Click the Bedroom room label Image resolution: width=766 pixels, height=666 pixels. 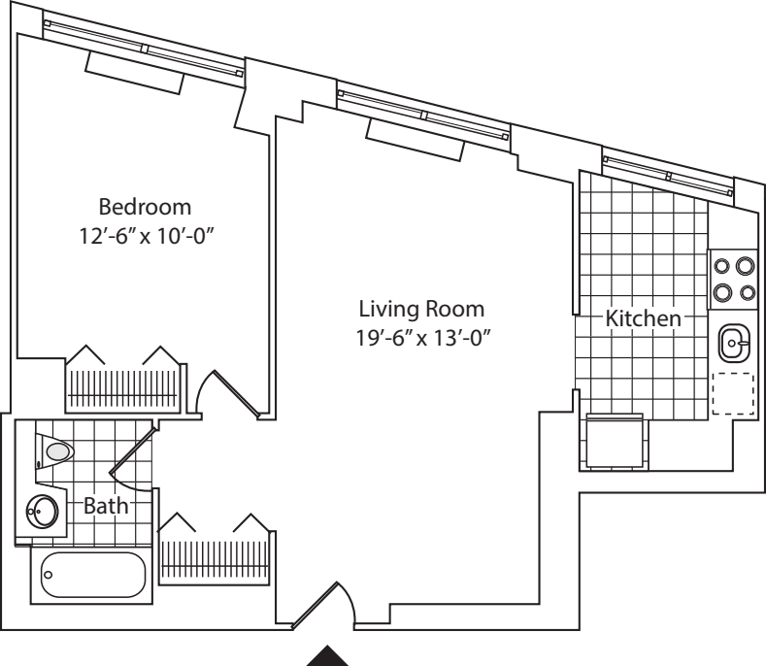[146, 207]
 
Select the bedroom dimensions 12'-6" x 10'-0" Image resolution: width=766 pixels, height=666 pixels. [146, 236]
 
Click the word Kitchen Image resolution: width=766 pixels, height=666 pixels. [643, 318]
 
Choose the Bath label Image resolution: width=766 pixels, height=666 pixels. [106, 506]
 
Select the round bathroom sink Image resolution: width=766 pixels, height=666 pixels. [42, 511]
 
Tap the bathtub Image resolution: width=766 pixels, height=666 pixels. [92, 576]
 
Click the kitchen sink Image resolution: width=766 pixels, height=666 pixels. [733, 342]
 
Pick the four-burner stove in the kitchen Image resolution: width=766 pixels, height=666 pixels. [733, 278]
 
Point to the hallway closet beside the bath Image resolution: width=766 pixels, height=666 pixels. [213, 551]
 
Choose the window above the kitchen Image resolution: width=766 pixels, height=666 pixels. [669, 176]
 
